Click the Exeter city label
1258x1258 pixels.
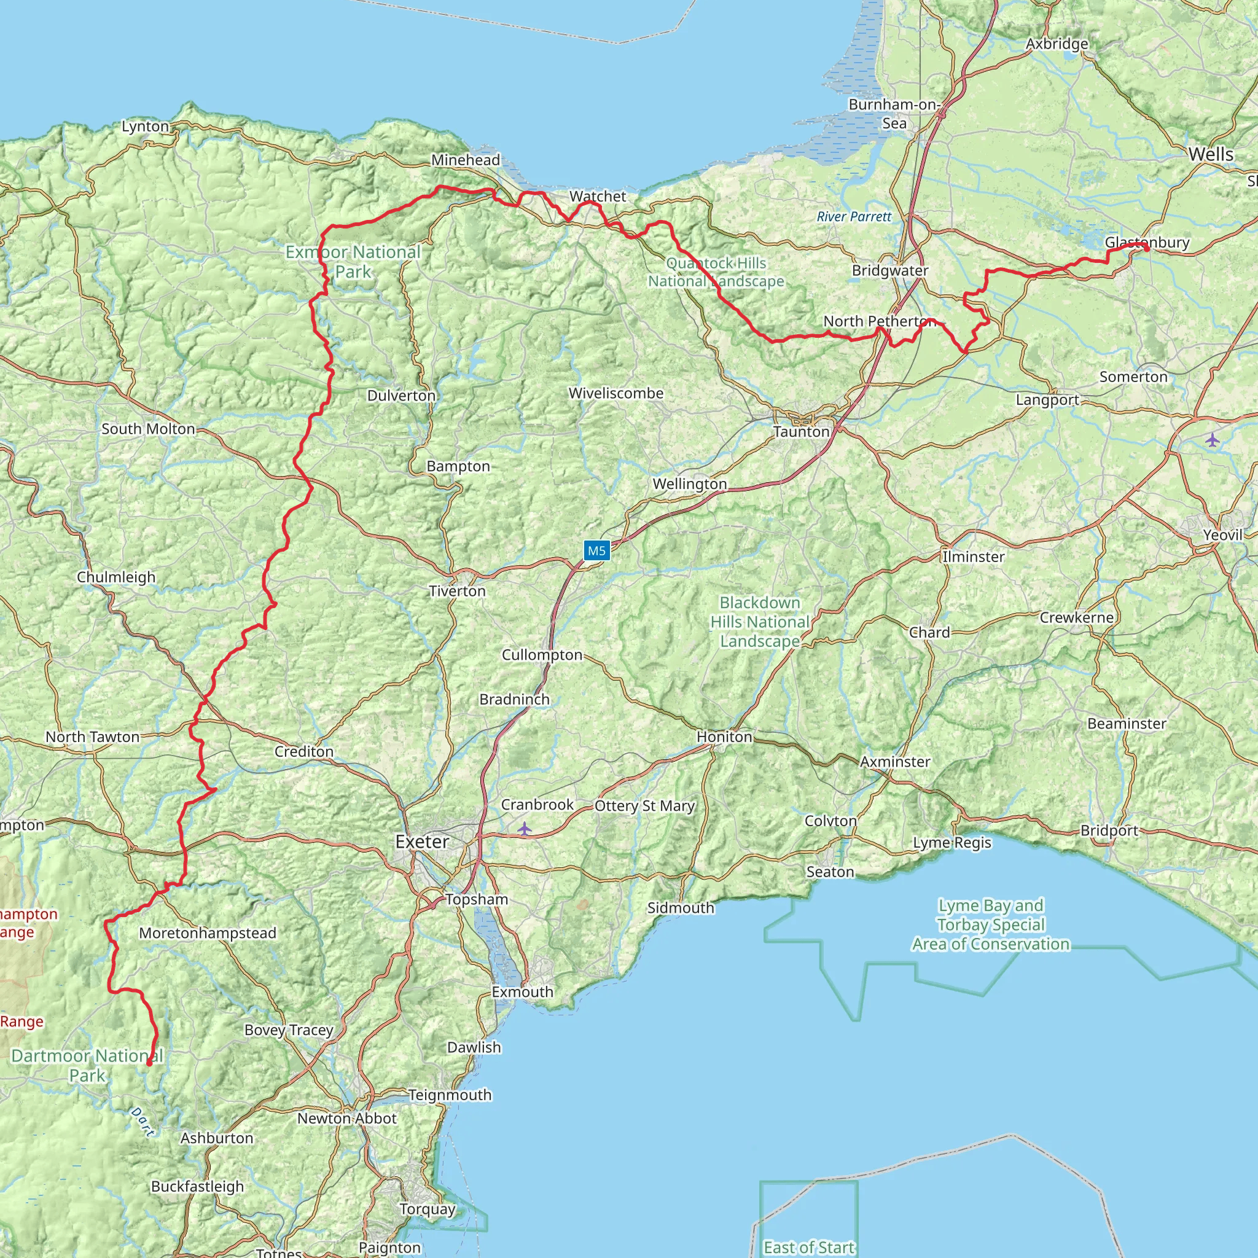(x=422, y=842)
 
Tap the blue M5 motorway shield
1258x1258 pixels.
(x=596, y=551)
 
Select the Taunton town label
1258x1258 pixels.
(x=802, y=432)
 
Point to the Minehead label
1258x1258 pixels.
(x=466, y=160)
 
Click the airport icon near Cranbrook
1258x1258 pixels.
(x=525, y=829)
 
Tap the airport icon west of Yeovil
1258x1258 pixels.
(x=1212, y=440)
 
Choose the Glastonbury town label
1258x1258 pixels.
(x=1147, y=242)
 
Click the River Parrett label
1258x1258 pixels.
(x=854, y=217)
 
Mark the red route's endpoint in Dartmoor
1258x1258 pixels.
(x=149, y=1063)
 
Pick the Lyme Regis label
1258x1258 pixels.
(x=952, y=843)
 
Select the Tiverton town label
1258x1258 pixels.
(x=457, y=592)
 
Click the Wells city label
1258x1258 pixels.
(x=1211, y=154)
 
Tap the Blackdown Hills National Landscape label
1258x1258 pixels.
(x=760, y=622)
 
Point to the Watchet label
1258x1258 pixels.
(x=598, y=196)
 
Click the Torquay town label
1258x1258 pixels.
(x=427, y=1208)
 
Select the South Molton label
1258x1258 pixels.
(x=149, y=429)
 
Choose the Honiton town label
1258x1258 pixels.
(x=724, y=736)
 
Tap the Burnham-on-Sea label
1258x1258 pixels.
(x=894, y=113)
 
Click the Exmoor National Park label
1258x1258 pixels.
(x=353, y=261)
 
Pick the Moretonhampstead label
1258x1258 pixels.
(x=208, y=933)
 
